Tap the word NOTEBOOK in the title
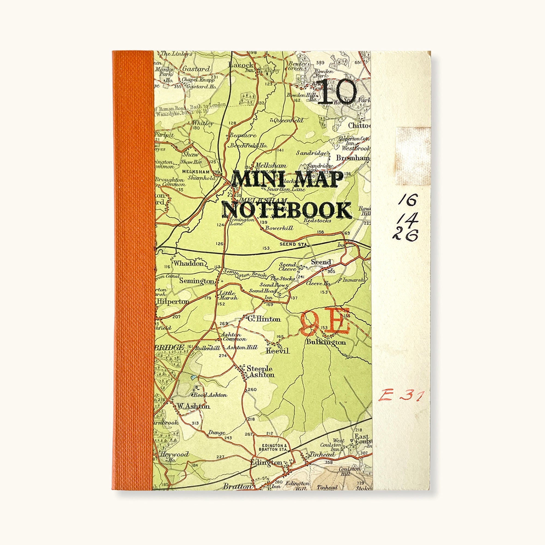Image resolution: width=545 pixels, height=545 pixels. click(x=287, y=210)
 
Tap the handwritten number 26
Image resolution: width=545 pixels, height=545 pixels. click(x=405, y=235)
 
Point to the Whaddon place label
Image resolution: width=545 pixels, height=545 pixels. click(x=188, y=264)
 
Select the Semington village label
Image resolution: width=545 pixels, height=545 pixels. click(x=197, y=281)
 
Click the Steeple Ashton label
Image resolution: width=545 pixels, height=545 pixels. click(x=259, y=371)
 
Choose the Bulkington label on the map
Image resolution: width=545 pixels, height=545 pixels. click(x=326, y=342)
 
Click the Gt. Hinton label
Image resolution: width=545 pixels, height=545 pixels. click(x=264, y=319)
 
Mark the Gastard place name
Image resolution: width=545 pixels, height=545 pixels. click(x=196, y=69)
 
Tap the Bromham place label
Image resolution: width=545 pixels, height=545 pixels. click(x=353, y=158)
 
